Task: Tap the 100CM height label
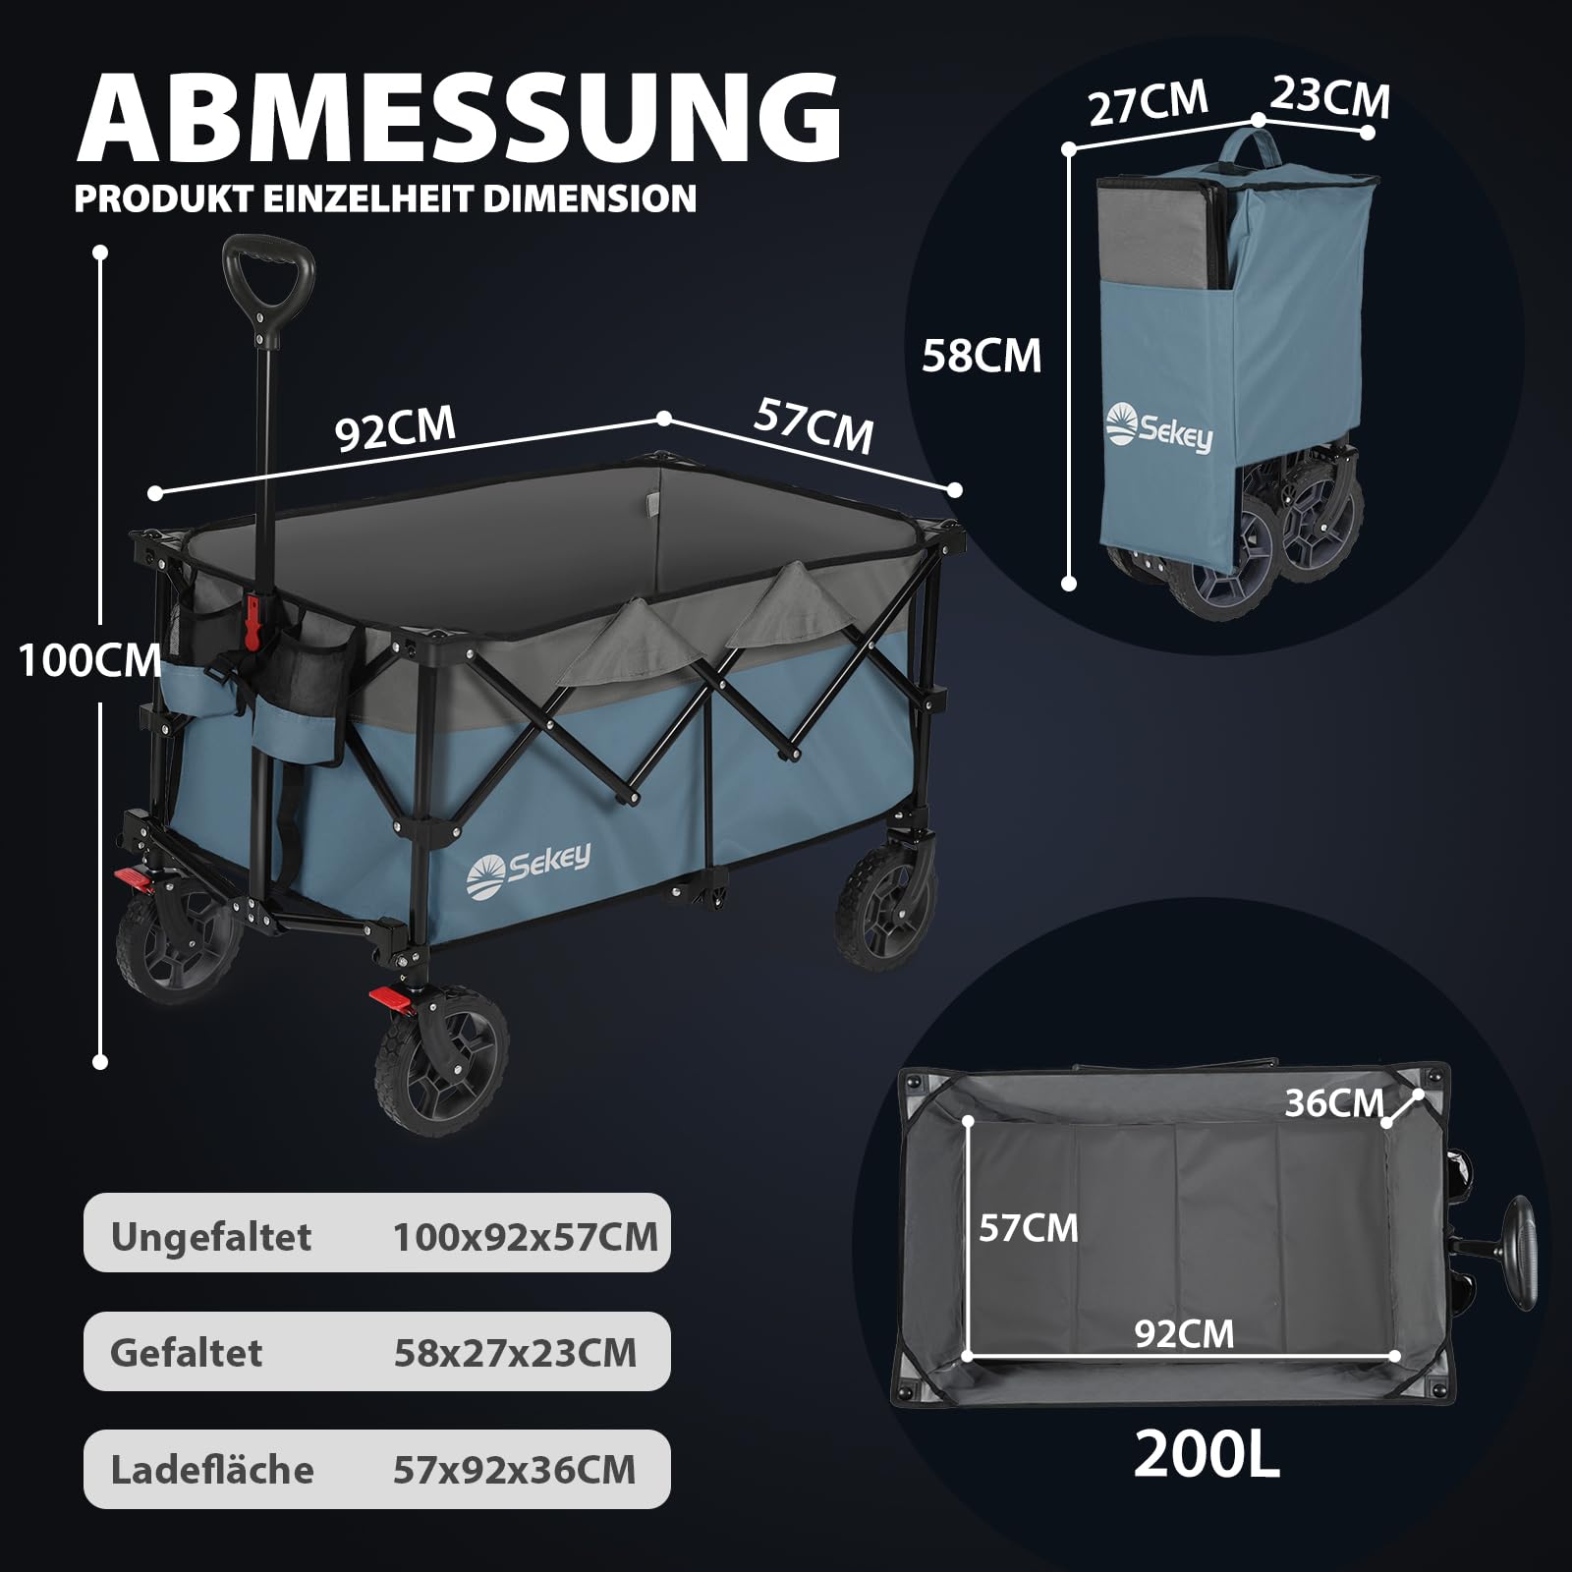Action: (x=90, y=660)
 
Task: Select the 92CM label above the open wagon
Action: (x=396, y=427)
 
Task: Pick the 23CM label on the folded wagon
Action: (x=1330, y=98)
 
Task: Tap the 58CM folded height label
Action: (x=982, y=356)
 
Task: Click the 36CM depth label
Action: (x=1334, y=1103)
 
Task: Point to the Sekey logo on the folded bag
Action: (x=1159, y=427)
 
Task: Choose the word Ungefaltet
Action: (x=210, y=1237)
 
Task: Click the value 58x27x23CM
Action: (x=515, y=1353)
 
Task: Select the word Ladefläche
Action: (x=212, y=1470)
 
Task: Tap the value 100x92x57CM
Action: (x=526, y=1237)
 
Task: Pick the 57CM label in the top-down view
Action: (x=1028, y=1228)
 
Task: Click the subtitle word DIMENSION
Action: (x=589, y=198)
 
